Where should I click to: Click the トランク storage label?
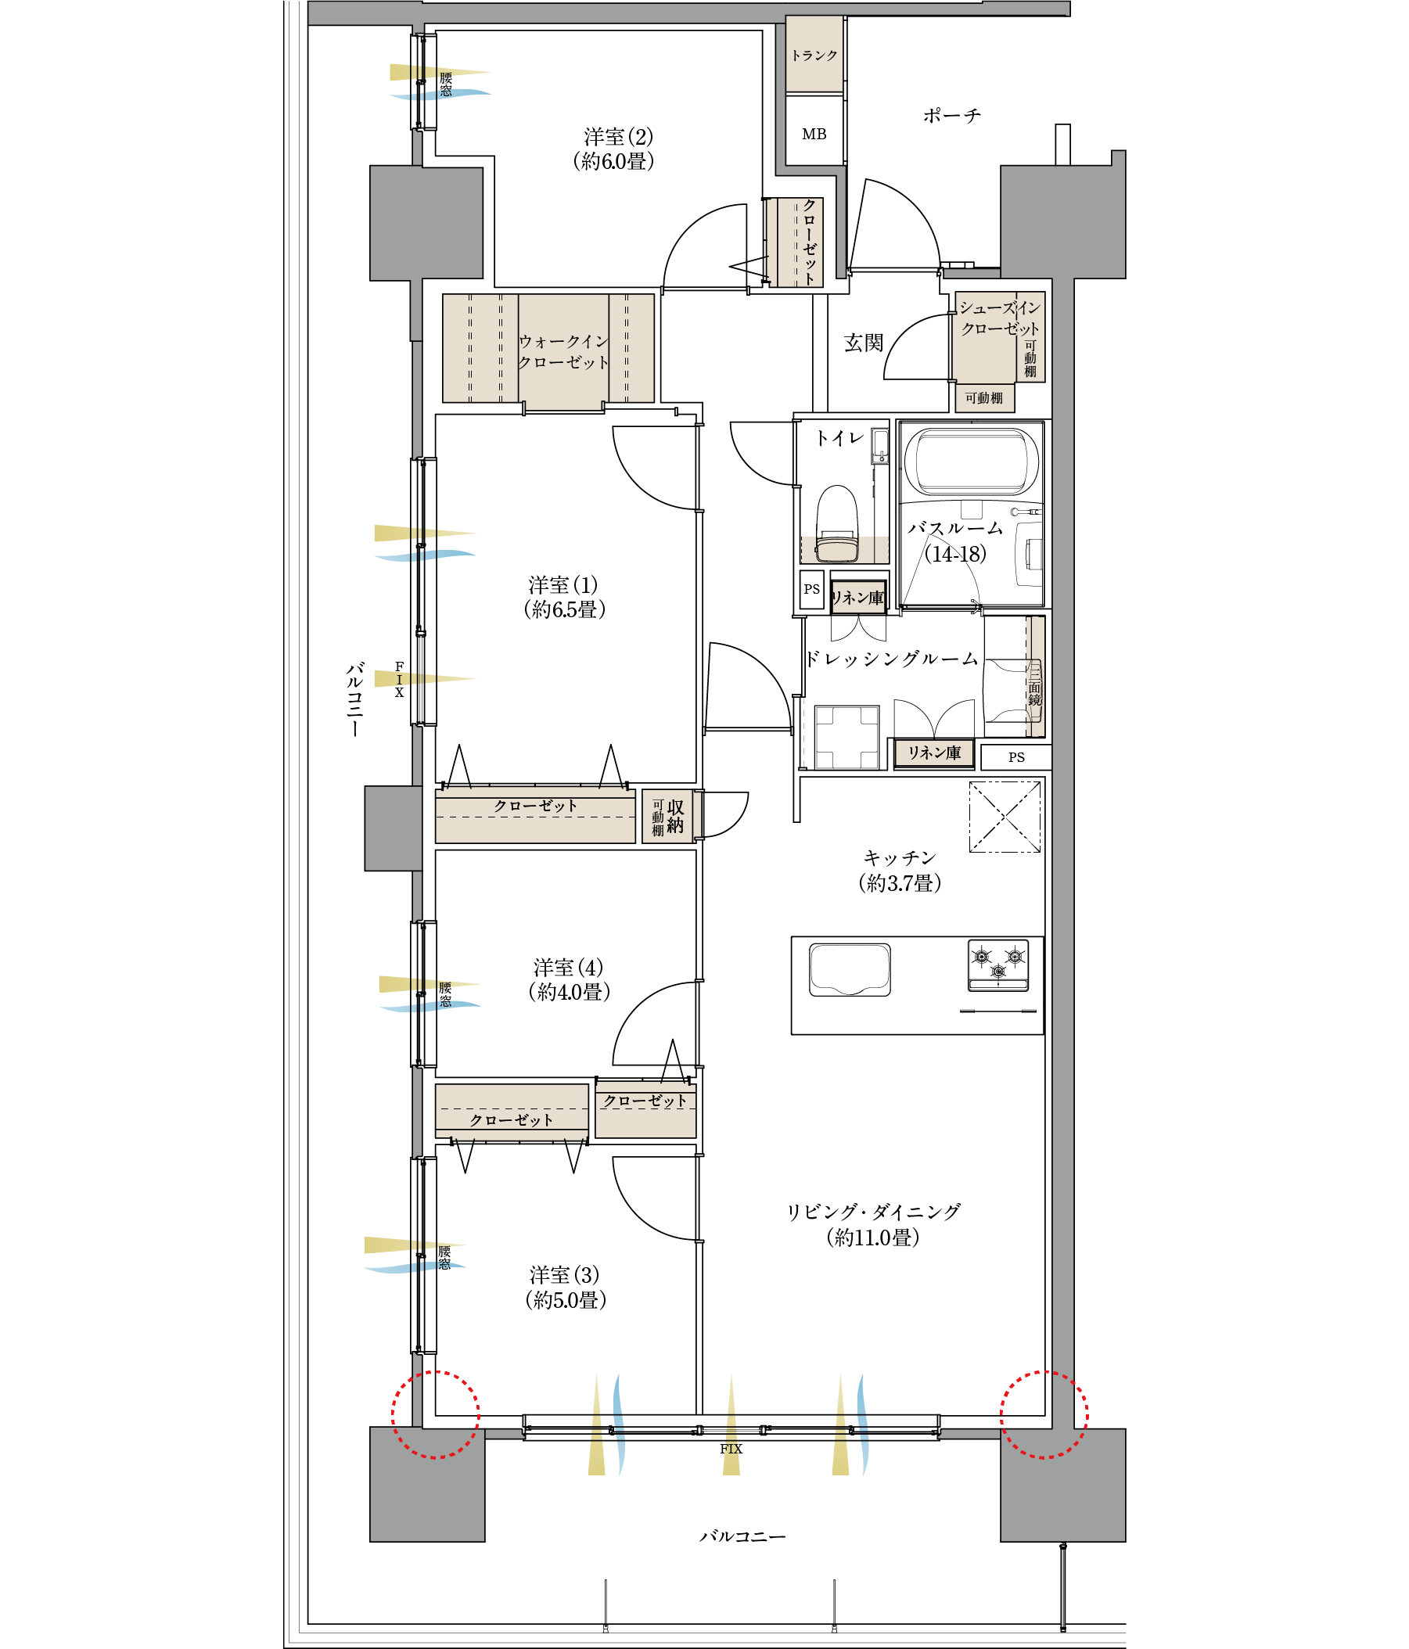pos(814,56)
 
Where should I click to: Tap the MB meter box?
pos(814,135)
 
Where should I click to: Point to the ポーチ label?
pos(951,117)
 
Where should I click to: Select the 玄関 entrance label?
pos(863,343)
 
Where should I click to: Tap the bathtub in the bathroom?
pos(971,462)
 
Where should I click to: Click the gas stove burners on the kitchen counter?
pos(997,964)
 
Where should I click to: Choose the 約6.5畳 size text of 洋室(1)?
pos(564,609)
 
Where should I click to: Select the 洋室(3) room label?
pos(564,1275)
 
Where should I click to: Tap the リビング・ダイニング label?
pos(873,1212)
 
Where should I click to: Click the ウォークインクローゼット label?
pos(563,352)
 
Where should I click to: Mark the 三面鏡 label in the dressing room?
pos(1034,688)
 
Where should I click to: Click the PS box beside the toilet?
pos(811,590)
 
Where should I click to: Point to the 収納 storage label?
pos(675,817)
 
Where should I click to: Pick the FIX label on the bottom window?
pos(731,1449)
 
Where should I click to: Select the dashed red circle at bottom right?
pos(1044,1414)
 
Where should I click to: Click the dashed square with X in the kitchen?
pos(1004,817)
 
